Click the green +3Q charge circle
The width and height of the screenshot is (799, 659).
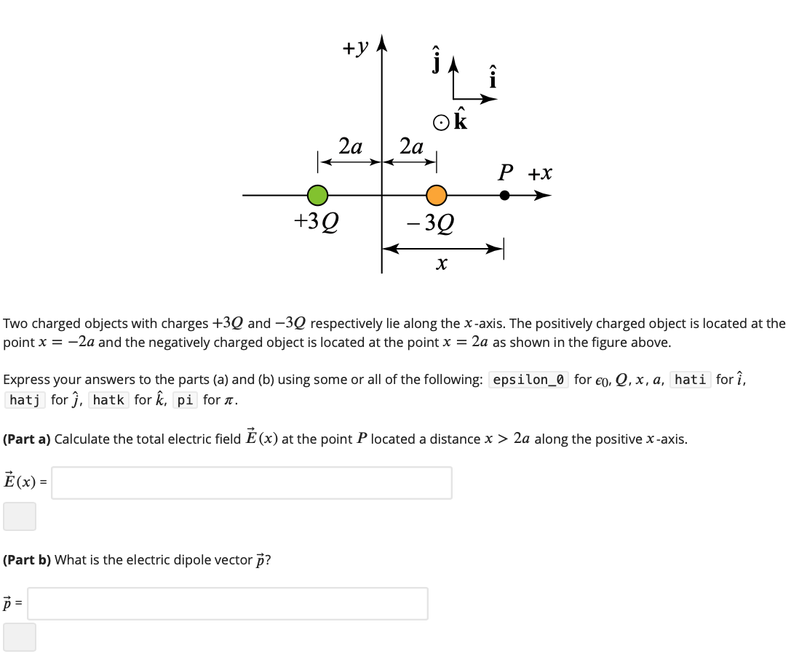click(x=317, y=195)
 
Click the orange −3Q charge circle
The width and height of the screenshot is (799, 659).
click(x=436, y=195)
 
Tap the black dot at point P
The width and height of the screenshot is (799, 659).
click(x=504, y=195)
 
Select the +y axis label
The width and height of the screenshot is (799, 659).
click(x=356, y=48)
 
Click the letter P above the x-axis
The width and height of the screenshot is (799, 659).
click(x=506, y=173)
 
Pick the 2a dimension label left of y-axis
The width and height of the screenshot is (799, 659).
click(x=351, y=146)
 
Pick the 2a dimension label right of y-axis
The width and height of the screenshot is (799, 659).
click(x=411, y=146)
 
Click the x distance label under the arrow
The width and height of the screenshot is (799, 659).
click(x=441, y=263)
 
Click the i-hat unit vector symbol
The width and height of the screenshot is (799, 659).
click(x=493, y=76)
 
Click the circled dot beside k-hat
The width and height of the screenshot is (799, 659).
click(x=440, y=122)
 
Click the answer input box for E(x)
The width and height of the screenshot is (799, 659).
click(x=251, y=482)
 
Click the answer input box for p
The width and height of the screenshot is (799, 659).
click(x=227, y=603)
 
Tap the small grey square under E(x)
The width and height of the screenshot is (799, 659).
click(x=20, y=516)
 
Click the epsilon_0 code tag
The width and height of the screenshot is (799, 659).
click(x=530, y=379)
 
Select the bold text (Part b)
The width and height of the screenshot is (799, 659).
click(x=27, y=560)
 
